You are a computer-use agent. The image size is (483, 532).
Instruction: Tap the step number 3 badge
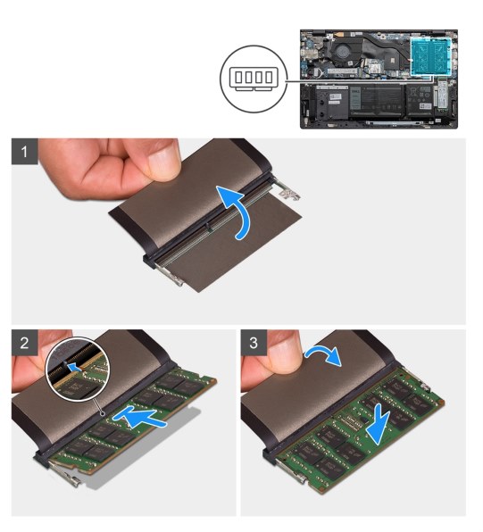(x=255, y=343)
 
